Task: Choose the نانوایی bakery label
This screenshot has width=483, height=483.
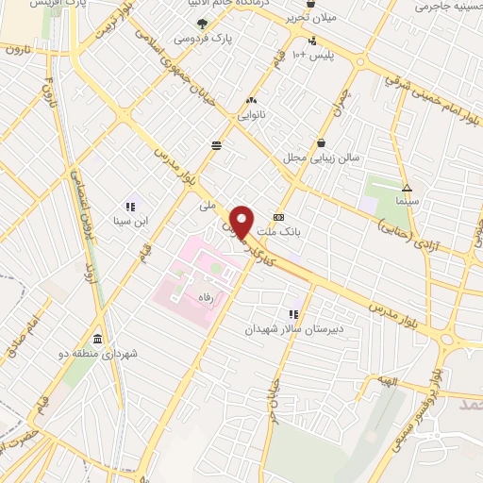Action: pos(252,114)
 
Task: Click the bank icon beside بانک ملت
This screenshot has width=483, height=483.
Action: pos(277,215)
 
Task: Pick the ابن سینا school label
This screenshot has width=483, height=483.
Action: pos(129,222)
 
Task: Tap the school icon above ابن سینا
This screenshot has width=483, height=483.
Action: pos(129,207)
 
